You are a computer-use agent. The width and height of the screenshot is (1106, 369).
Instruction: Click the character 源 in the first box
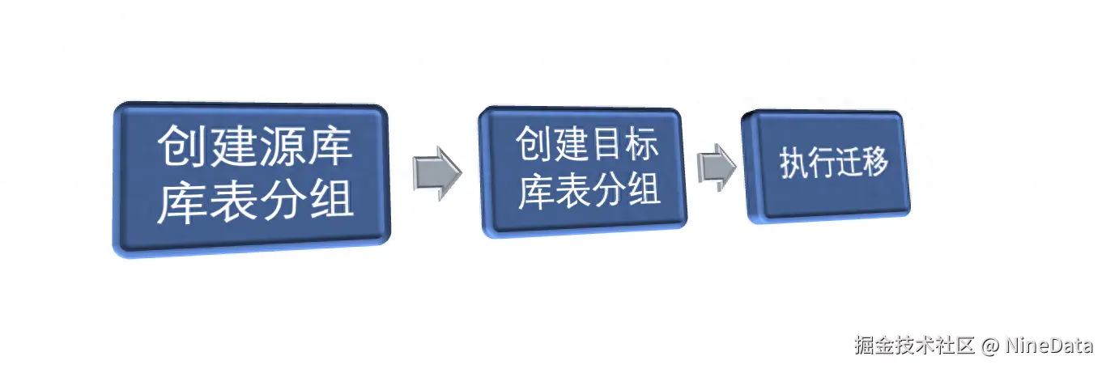tap(279, 146)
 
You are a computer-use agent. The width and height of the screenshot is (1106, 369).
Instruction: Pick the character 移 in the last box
tap(875, 163)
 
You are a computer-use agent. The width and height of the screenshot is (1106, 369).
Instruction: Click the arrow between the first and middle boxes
tap(436, 172)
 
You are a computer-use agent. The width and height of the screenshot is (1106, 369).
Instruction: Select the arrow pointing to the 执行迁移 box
tap(716, 168)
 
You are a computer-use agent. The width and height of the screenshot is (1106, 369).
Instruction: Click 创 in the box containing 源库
tap(180, 146)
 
